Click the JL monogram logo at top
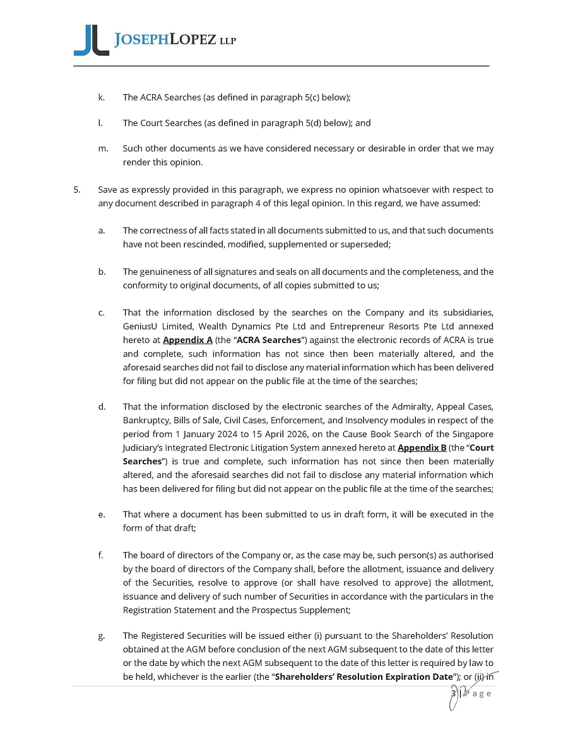point(91,40)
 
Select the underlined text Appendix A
point(187,340)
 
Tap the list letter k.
point(101,97)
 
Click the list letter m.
point(102,148)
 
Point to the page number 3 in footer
point(453,693)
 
